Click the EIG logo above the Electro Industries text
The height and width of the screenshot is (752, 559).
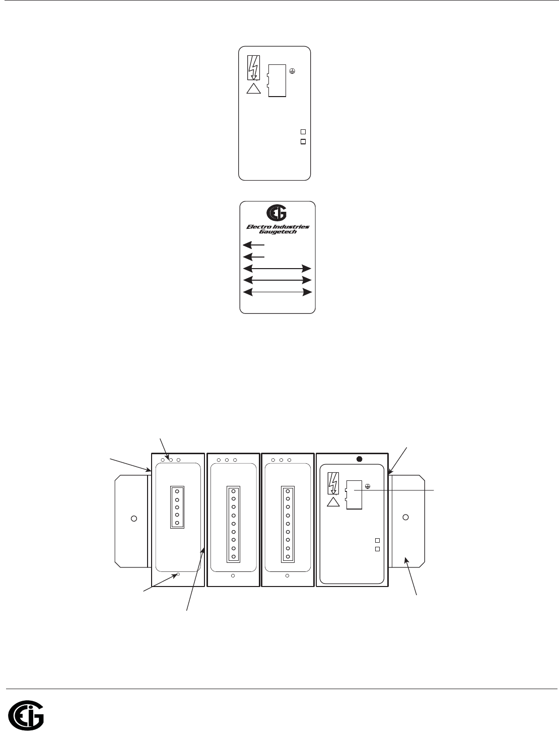pyautogui.click(x=276, y=213)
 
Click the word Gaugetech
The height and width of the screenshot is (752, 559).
pyautogui.click(x=278, y=232)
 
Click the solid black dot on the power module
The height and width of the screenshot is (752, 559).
pyautogui.click(x=360, y=459)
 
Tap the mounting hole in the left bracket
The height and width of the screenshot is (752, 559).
pyautogui.click(x=134, y=519)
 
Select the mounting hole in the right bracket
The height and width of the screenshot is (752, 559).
pyautogui.click(x=405, y=517)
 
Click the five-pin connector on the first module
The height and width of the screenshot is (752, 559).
pyautogui.click(x=177, y=507)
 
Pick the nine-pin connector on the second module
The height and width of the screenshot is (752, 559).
pyautogui.click(x=233, y=524)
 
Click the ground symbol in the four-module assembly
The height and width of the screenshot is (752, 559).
pyautogui.click(x=367, y=486)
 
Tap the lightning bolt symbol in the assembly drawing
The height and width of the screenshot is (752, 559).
pyautogui.click(x=333, y=483)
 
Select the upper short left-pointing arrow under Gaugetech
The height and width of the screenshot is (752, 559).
pyautogui.click(x=253, y=245)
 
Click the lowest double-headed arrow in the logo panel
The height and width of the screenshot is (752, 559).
pyautogui.click(x=277, y=292)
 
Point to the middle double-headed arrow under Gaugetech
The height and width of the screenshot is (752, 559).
pyautogui.click(x=277, y=280)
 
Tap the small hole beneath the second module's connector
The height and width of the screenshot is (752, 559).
pyautogui.click(x=233, y=576)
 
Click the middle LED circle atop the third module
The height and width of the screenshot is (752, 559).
pyautogui.click(x=281, y=460)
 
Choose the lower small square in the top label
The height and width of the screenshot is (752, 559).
pyautogui.click(x=303, y=142)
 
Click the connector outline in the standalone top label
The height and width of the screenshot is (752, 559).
pyautogui.click(x=276, y=80)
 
